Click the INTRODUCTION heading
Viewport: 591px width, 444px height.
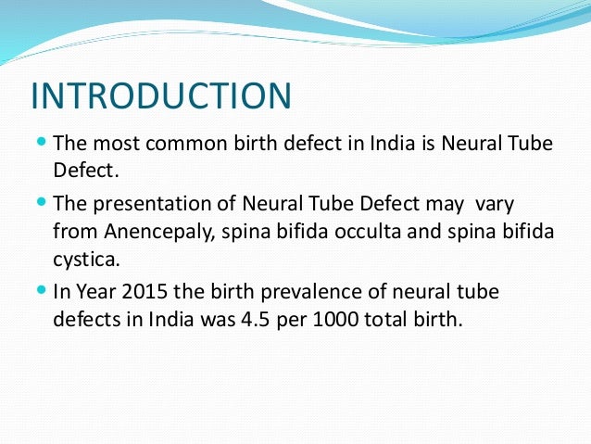[x=161, y=96]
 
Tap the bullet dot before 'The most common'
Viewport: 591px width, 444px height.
[x=41, y=144]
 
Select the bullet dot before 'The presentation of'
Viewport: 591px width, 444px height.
[x=41, y=201]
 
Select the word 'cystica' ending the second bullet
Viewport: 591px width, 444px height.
[x=82, y=260]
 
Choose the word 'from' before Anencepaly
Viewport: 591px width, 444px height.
[x=74, y=232]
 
